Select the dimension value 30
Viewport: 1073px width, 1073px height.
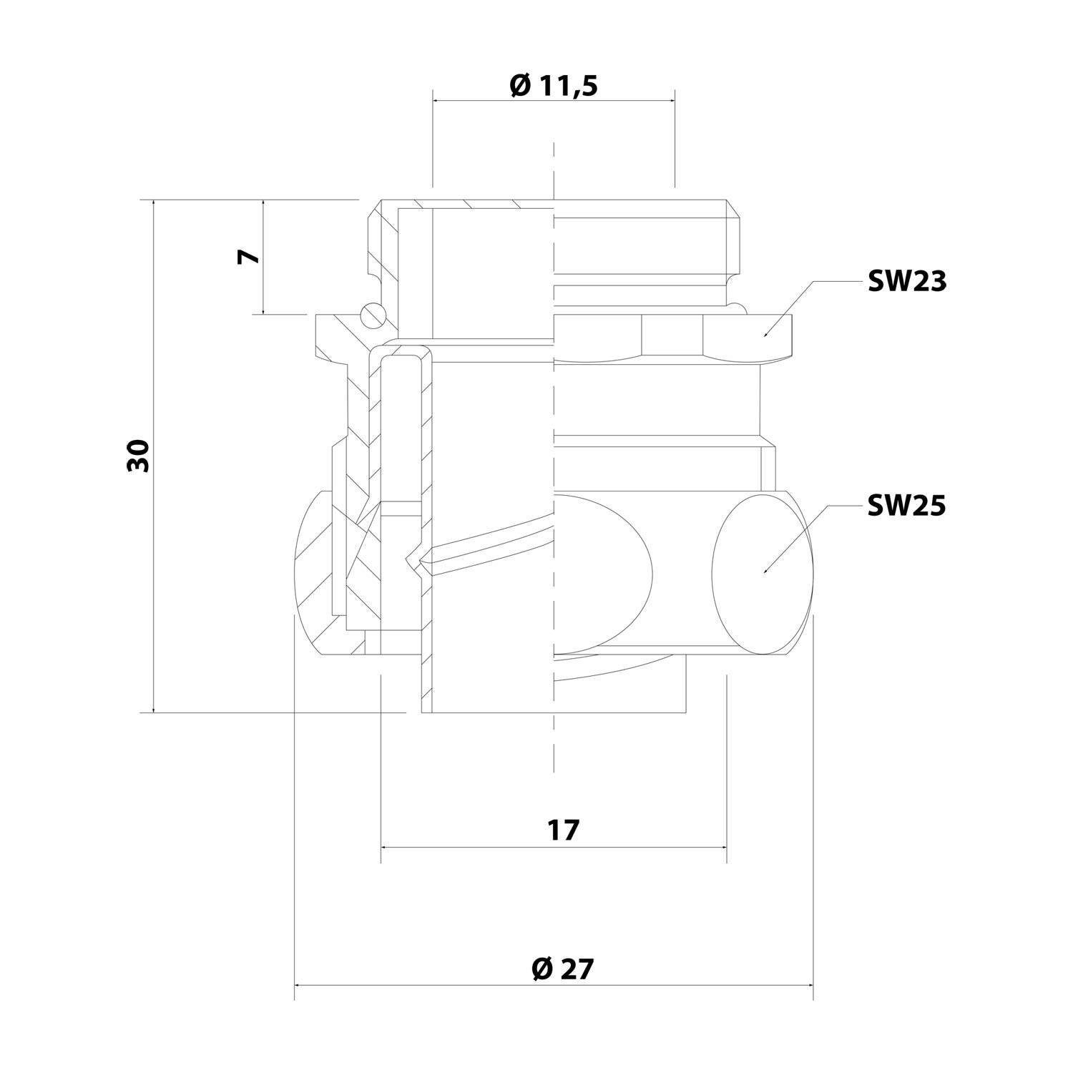point(139,456)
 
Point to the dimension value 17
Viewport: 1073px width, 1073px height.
point(563,831)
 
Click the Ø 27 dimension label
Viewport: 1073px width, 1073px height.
point(563,969)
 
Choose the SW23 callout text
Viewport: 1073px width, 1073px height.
point(906,282)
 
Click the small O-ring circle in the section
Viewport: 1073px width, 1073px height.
point(373,315)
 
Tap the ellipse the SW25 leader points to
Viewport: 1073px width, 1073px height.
point(763,572)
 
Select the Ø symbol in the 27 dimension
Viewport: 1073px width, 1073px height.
point(542,969)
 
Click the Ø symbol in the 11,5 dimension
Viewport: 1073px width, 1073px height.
point(520,86)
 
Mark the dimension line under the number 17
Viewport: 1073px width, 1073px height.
point(554,846)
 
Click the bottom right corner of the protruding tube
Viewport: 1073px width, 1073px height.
point(685,712)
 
